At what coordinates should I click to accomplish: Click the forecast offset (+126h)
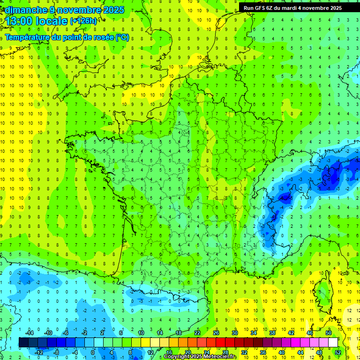[83, 21]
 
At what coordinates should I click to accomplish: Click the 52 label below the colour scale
[338, 352]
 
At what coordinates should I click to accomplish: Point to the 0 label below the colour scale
[93, 352]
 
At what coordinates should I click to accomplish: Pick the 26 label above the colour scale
[216, 332]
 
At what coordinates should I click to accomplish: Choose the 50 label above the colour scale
[329, 332]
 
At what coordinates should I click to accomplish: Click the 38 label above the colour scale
[272, 332]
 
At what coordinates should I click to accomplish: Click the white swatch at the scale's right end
[333, 342]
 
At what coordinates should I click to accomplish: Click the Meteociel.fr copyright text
[201, 357]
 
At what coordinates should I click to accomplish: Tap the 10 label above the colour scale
[141, 332]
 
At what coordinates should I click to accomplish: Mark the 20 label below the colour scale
[188, 352]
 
